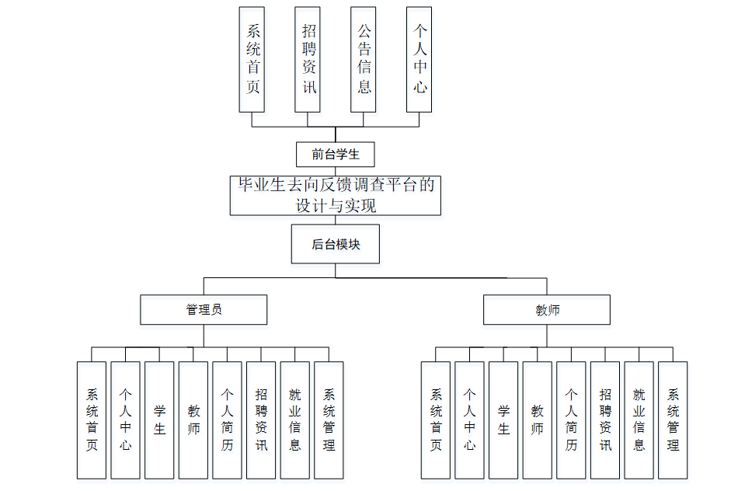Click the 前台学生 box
coord(336,154)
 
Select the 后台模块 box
coord(336,244)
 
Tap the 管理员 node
coord(204,309)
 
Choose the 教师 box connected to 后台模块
coord(547,309)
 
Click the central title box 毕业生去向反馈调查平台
coord(336,196)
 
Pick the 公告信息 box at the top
coord(364,60)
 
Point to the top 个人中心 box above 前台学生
coord(419,60)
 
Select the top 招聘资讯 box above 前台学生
coord(308,60)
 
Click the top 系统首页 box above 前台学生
coord(252,60)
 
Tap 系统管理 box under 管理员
coord(329,420)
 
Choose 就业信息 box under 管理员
coord(295,420)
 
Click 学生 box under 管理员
coord(159,420)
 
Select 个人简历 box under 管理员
coord(227,420)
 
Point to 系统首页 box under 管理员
coord(92,420)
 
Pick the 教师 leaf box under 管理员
coord(193,420)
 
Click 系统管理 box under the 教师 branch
coord(673,420)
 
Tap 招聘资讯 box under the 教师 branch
coord(605,420)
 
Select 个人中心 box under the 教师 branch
coord(469,420)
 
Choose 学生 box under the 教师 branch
coord(503,420)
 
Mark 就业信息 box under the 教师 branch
coord(639,420)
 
